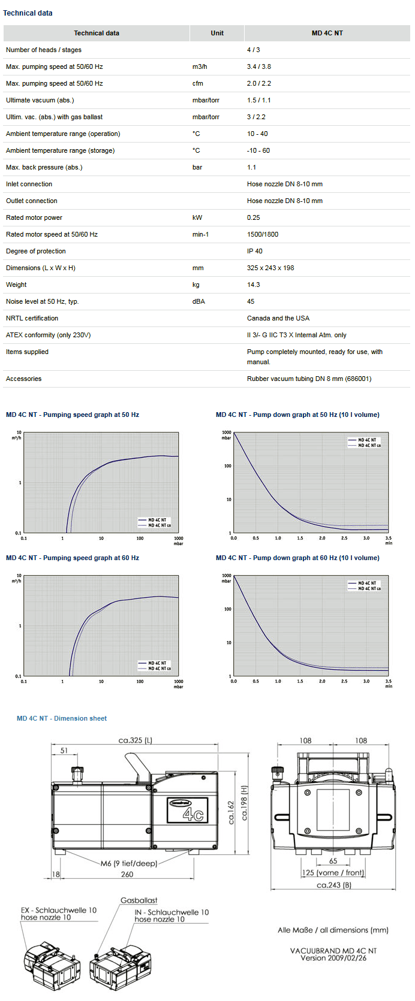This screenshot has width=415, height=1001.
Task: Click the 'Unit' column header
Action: pyautogui.click(x=217, y=33)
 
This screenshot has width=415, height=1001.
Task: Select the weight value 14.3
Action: pyautogui.click(x=254, y=285)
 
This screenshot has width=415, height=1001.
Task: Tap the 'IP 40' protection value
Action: pyautogui.click(x=255, y=251)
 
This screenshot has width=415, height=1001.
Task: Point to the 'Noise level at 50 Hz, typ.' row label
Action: pyautogui.click(x=42, y=301)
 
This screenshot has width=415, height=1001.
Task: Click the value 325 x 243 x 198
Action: pyautogui.click(x=270, y=268)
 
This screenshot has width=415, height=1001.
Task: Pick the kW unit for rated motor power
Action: pyautogui.click(x=197, y=217)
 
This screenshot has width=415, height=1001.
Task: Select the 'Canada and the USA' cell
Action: pyautogui.click(x=278, y=318)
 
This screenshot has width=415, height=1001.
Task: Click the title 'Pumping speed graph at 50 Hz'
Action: pyautogui.click(x=73, y=415)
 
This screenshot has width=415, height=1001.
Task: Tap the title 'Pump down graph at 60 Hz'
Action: pyautogui.click(x=297, y=558)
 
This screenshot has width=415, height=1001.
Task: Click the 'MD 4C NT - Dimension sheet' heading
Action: pyautogui.click(x=62, y=718)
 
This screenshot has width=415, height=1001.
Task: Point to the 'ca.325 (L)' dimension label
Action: pyautogui.click(x=136, y=740)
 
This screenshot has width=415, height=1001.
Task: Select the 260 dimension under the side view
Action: pyautogui.click(x=127, y=875)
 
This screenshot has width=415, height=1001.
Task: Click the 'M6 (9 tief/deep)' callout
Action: pyautogui.click(x=129, y=863)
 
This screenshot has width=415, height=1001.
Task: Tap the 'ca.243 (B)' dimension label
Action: pyautogui.click(x=334, y=885)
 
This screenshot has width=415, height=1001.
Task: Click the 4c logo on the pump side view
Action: pyautogui.click(x=193, y=813)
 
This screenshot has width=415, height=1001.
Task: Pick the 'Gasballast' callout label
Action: pyautogui.click(x=139, y=900)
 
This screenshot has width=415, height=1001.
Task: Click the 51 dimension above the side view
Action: pyautogui.click(x=64, y=751)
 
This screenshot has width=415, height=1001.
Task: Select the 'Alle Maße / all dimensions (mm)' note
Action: pyautogui.click(x=333, y=930)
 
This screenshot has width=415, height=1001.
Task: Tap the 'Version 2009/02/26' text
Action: pyautogui.click(x=333, y=958)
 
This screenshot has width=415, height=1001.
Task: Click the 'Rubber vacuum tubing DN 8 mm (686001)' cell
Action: pyautogui.click(x=309, y=379)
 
